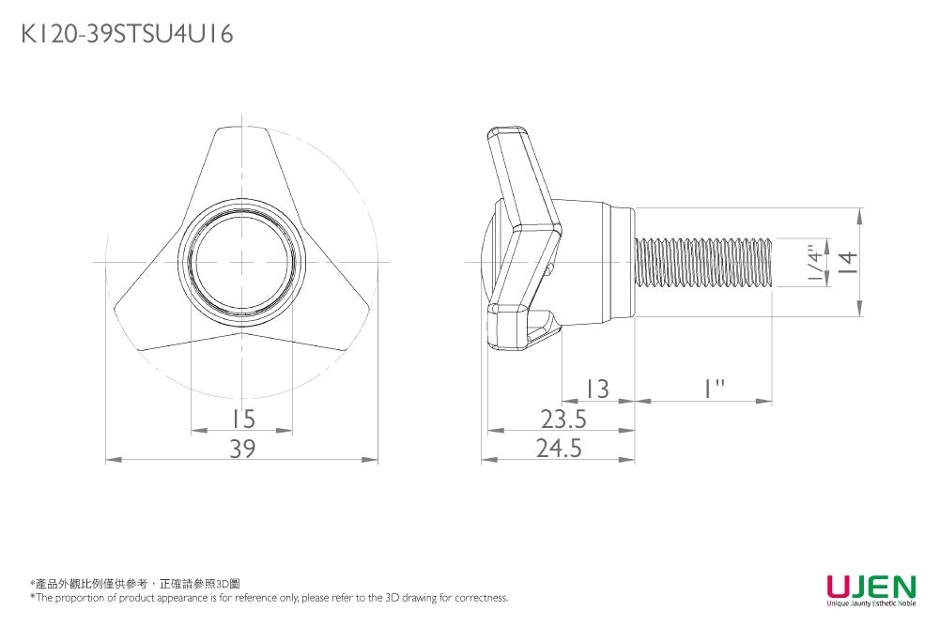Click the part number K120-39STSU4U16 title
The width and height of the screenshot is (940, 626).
coord(127,34)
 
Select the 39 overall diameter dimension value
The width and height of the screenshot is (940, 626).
coord(242,448)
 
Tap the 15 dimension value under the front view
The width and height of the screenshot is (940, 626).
coord(243,419)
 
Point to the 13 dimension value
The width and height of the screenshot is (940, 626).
coord(597,389)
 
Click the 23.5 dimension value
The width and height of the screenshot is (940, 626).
coord(563,419)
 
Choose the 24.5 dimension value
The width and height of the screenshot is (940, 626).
coord(559,448)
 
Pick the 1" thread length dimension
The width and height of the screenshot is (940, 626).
coord(714,389)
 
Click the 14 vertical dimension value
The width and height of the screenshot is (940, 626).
coord(848,263)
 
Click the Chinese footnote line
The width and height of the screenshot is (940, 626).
coord(135,584)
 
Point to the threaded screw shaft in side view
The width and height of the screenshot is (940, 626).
coord(703,263)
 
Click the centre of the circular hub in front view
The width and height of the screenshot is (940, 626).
coord(242,263)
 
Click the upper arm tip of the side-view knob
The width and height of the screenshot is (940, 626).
coord(506,133)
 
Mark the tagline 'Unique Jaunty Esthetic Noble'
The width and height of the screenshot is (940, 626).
coord(871,603)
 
